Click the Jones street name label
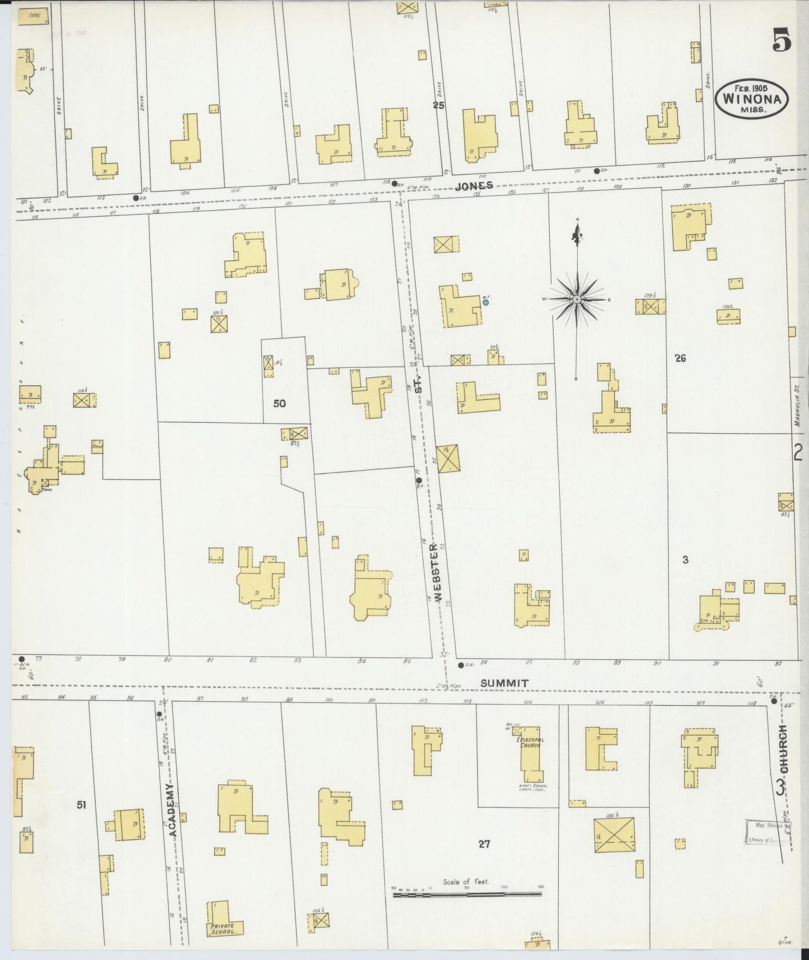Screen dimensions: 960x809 tap(474, 186)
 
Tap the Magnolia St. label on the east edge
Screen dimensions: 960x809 tap(798, 405)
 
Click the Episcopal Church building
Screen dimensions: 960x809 tap(531, 754)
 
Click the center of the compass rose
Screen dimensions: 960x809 tap(577, 300)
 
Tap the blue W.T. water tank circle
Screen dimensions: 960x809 tap(485, 302)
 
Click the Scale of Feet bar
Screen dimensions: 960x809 tap(467, 895)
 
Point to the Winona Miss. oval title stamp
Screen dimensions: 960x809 tap(752, 99)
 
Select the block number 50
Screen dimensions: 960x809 tap(279, 403)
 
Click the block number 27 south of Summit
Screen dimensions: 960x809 tap(484, 844)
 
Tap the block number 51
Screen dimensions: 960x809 tap(82, 805)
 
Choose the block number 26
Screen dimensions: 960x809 tap(680, 358)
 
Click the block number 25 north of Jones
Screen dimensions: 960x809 tap(438, 104)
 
